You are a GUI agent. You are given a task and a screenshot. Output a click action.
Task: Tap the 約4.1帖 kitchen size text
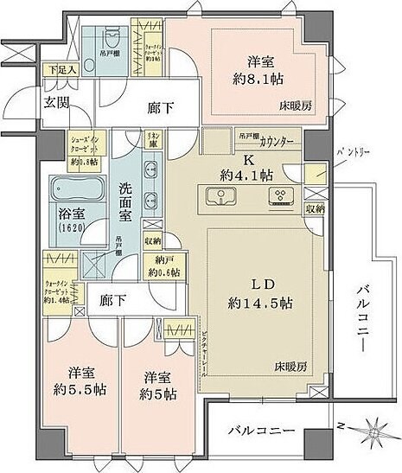[246, 173]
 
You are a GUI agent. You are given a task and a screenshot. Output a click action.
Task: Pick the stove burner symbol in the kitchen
[281, 199]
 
